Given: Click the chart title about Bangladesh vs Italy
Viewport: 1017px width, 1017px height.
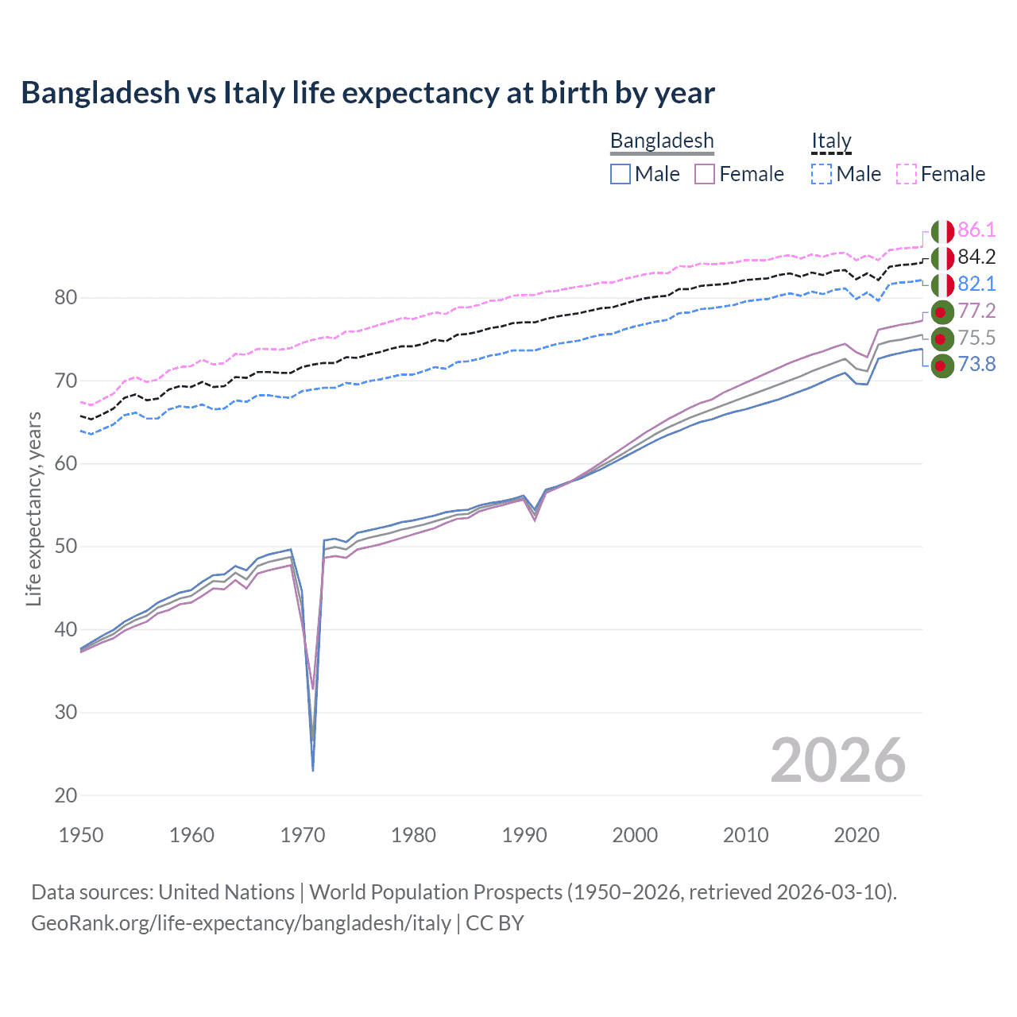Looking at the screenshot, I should coord(368,93).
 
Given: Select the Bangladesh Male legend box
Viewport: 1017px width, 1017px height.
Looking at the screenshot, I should coord(621,174).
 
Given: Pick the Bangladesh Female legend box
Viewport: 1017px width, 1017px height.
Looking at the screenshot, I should coord(705,174).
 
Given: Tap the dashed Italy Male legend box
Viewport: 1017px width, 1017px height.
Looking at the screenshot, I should coord(822,174).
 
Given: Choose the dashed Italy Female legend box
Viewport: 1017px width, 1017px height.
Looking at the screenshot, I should coord(907,174).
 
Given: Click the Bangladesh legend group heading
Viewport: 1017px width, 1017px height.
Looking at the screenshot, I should coord(662,141).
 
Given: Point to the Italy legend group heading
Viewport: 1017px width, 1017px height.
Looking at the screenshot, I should coord(831,141).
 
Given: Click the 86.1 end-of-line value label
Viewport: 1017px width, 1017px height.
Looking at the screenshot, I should coord(976,230).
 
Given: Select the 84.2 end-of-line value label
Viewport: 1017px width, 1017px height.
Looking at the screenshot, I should coord(976,257).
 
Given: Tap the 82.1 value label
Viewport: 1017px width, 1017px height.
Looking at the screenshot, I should coord(976,284).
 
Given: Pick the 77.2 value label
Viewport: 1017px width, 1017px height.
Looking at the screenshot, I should coord(976,311).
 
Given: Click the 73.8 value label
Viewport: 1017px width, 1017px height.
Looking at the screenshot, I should coord(976,365).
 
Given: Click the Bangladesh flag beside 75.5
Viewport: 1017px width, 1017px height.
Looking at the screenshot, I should coord(942,338).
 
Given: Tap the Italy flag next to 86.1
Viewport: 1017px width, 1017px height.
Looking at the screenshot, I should coord(942,231).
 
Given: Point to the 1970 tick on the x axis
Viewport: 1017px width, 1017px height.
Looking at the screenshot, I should coord(303,835).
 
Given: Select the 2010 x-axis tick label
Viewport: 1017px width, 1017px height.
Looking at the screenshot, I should coord(745,835).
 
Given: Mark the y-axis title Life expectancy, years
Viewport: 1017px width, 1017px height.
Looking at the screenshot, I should coord(34,508).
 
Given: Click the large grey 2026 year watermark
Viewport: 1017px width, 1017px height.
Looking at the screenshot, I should coord(837,761).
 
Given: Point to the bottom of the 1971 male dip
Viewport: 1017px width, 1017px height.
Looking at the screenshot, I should coord(313,770).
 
